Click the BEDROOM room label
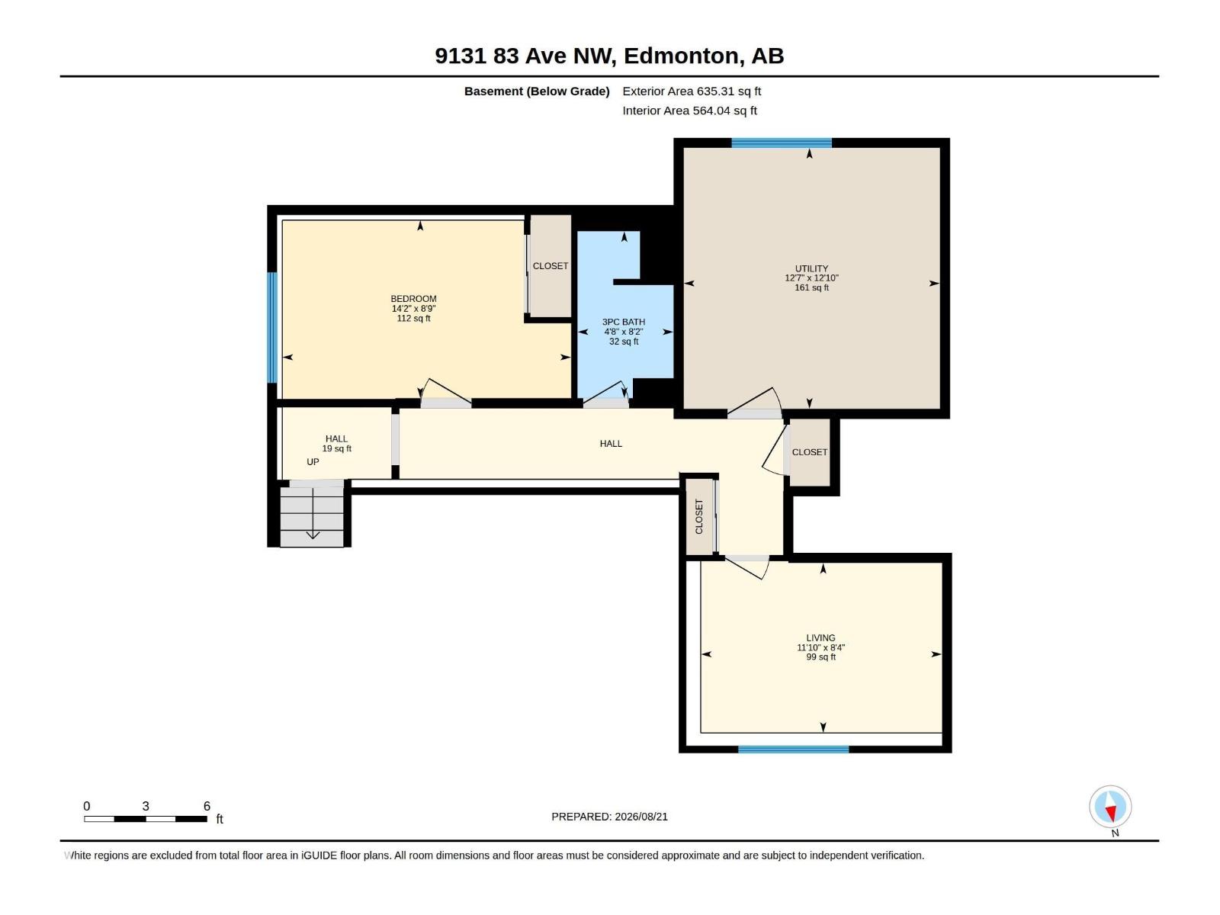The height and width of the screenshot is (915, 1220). [x=413, y=298]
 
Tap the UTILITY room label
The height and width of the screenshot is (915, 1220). [x=811, y=268]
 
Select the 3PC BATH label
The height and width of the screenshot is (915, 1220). [x=623, y=322]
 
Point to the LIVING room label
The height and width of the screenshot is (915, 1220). [x=820, y=637]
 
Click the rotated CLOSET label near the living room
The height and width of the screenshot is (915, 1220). [x=698, y=517]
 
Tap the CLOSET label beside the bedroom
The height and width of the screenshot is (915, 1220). [x=551, y=266]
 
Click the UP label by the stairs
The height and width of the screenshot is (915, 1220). [x=313, y=461]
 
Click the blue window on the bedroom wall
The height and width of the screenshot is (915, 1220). [x=272, y=327]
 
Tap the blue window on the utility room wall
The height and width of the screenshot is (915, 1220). [x=781, y=143]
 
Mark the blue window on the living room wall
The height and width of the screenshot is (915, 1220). [x=793, y=749]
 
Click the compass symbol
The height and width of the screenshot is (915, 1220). [x=1110, y=807]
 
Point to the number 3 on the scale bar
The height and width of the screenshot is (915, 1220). [x=146, y=806]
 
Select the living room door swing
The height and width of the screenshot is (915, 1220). [x=747, y=567]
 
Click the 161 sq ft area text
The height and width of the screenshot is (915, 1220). [x=811, y=287]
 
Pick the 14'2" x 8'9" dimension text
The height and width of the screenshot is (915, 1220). [x=413, y=308]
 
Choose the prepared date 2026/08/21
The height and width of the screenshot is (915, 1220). [x=640, y=817]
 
